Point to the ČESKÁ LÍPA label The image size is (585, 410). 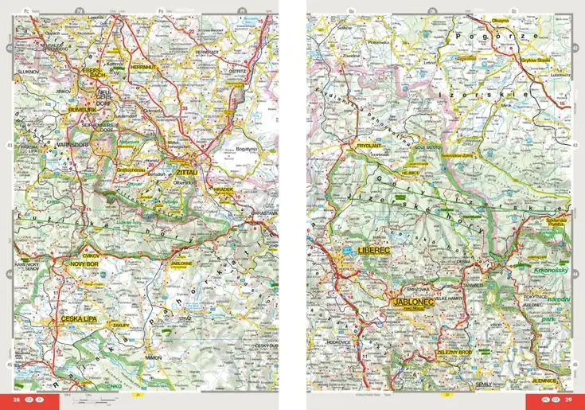coord(80,319)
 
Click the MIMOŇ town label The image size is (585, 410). coord(154,358)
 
